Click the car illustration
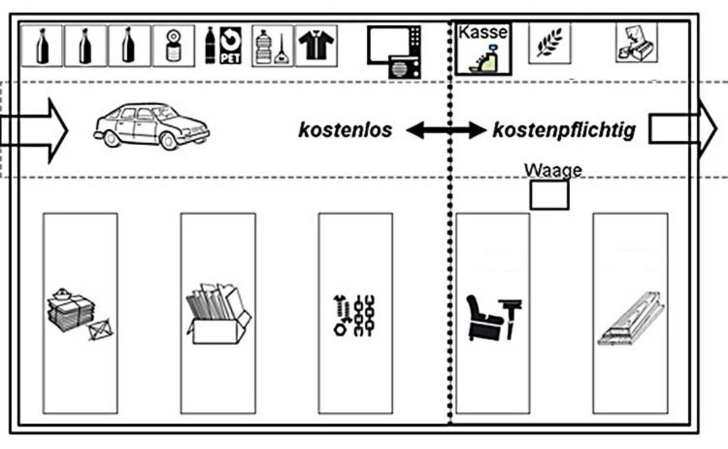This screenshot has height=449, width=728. (x=151, y=126)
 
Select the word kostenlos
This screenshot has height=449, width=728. (x=345, y=130)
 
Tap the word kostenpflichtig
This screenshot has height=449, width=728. (x=564, y=130)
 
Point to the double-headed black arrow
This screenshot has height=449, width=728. (x=445, y=130)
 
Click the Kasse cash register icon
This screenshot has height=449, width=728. (x=483, y=48)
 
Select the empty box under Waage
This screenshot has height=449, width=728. (x=549, y=195)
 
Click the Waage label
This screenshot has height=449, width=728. (x=552, y=170)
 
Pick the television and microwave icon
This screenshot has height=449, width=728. (x=394, y=51)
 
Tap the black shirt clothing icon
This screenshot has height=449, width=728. (x=316, y=46)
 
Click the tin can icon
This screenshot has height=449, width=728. (x=173, y=46)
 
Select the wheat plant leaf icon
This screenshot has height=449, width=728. (x=549, y=43)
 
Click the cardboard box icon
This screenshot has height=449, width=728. (x=218, y=313)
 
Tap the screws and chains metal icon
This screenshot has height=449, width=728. (x=355, y=314)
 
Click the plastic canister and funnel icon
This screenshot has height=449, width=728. (x=272, y=46)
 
